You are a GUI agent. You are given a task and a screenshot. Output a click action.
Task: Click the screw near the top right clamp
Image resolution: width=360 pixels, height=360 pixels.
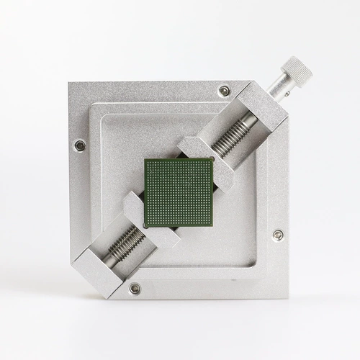point(225,91)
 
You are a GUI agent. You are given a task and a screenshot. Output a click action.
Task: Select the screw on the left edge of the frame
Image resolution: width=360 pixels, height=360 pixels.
point(79,145)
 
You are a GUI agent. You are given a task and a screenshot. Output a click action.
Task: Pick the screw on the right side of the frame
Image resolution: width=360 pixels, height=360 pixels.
point(278,235)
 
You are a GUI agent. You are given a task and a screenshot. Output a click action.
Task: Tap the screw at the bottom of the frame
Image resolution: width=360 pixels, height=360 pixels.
point(135,288)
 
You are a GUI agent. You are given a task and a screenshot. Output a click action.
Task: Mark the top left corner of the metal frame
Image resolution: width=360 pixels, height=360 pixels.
point(70,83)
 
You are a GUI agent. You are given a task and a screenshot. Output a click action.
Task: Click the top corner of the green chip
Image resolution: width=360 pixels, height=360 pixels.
point(148,158)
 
